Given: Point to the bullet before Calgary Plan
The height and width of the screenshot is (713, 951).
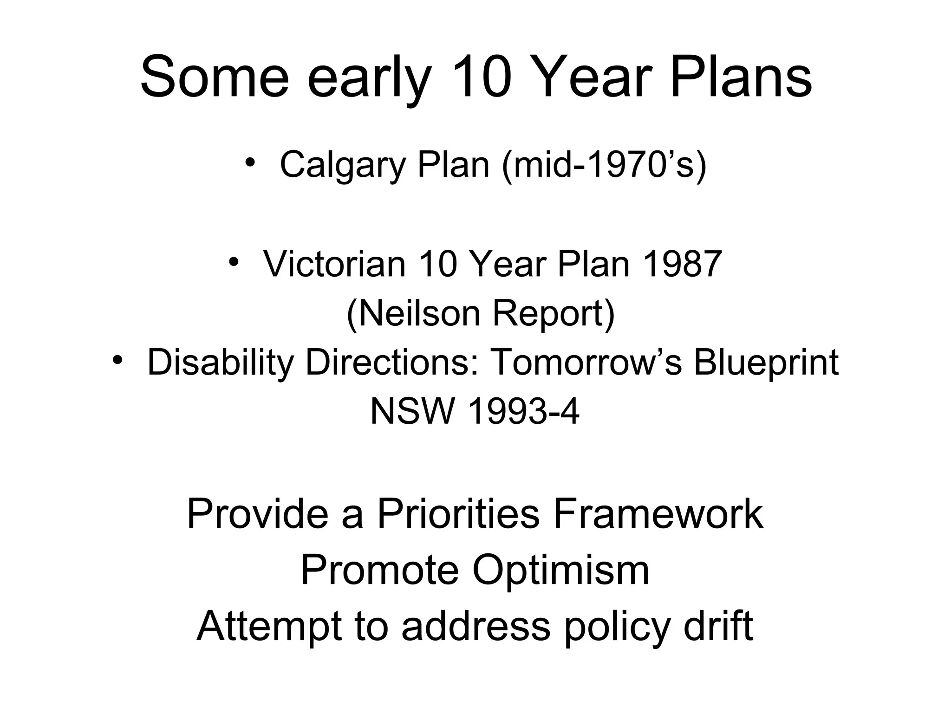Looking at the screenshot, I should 250,162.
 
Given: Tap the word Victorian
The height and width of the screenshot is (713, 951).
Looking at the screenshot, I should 334,264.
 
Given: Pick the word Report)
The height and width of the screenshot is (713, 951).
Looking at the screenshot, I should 554,313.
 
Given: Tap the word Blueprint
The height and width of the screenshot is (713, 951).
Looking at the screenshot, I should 766,363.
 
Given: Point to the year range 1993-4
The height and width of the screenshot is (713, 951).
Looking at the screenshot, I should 524,412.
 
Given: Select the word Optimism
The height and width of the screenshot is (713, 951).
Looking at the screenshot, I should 560,570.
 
